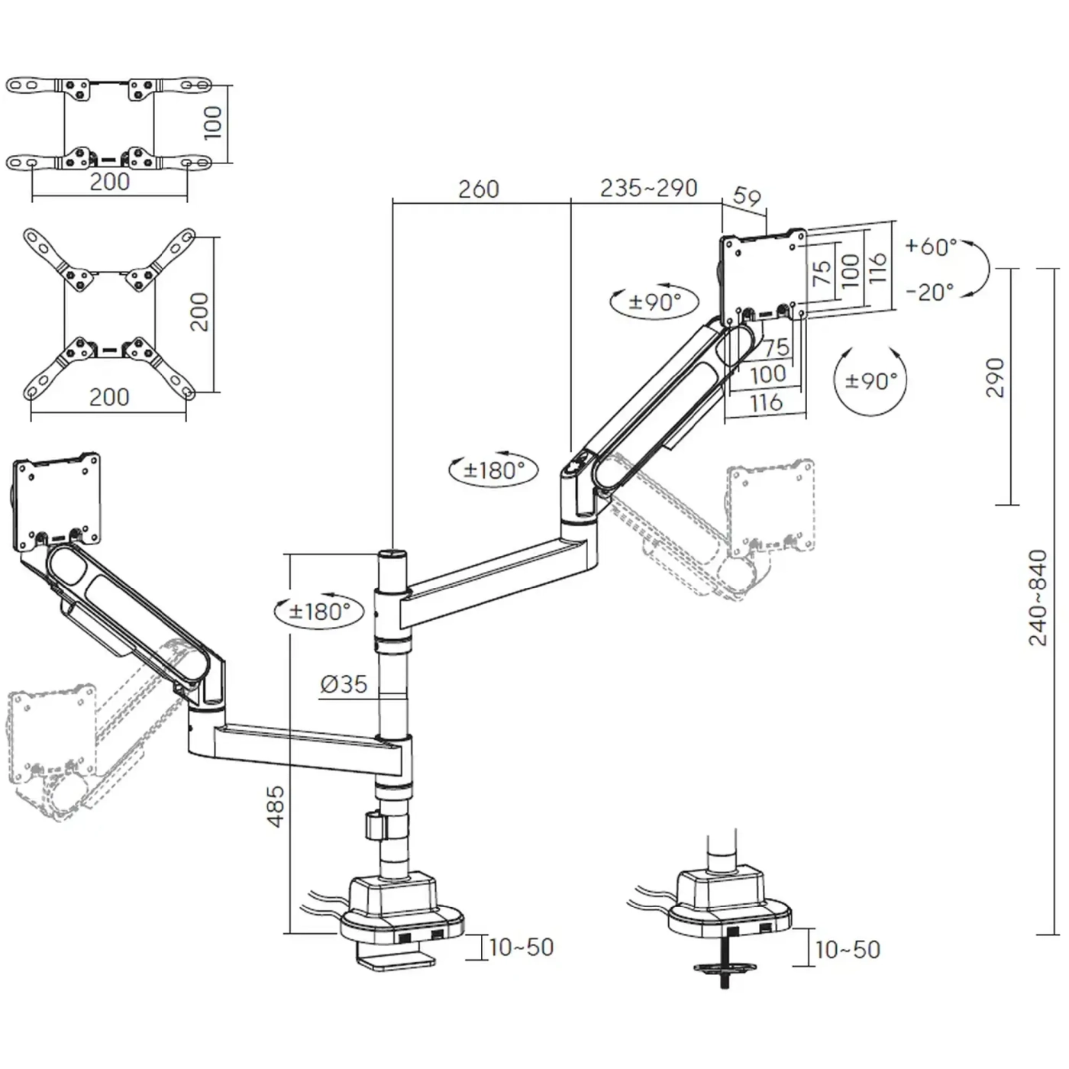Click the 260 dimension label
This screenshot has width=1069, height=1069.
point(479,189)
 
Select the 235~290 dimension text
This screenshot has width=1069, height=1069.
point(648,188)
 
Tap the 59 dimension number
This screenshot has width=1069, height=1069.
point(747,197)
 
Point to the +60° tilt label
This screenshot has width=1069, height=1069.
point(931,247)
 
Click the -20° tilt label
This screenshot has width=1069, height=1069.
point(930,292)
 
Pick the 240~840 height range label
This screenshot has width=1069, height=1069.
point(1038,598)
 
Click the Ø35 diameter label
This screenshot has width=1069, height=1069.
point(344,684)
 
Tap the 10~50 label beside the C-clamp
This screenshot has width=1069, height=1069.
point(521,948)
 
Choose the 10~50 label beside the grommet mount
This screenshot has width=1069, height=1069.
point(848,950)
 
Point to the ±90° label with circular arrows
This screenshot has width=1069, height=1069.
point(871,381)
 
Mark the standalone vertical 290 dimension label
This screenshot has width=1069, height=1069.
point(995,377)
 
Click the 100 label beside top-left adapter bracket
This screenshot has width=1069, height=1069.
point(213,122)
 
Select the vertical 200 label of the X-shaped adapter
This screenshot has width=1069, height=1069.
point(199,312)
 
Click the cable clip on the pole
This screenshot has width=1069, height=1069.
point(374,826)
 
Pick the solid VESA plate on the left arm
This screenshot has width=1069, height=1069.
point(58,502)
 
